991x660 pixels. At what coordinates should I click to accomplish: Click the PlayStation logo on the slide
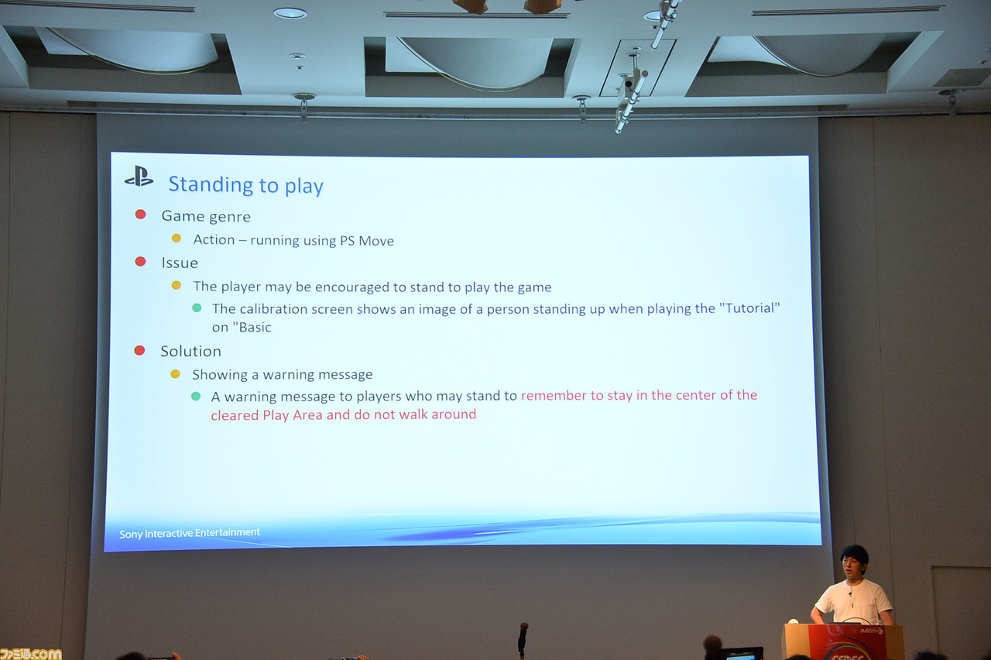point(139,177)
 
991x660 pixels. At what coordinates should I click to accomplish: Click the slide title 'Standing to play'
point(245,185)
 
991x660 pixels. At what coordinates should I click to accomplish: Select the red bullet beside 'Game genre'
point(141,215)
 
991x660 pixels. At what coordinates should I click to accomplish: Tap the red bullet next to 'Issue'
point(141,262)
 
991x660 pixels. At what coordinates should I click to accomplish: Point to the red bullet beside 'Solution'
point(140,351)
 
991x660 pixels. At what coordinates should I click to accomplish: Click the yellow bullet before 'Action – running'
point(176,239)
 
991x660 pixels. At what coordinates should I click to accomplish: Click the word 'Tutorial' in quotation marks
point(749,308)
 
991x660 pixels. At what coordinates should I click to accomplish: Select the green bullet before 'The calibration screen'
point(197,308)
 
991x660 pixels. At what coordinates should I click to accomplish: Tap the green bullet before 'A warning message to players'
point(196,396)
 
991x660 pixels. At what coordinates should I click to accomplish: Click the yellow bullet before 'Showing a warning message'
point(175,374)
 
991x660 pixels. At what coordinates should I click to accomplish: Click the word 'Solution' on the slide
point(190,351)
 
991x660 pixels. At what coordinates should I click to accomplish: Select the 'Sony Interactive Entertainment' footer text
point(190,533)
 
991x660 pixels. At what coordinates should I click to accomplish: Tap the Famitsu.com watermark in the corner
point(31,654)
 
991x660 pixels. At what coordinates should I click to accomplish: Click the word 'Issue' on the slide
point(179,263)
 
